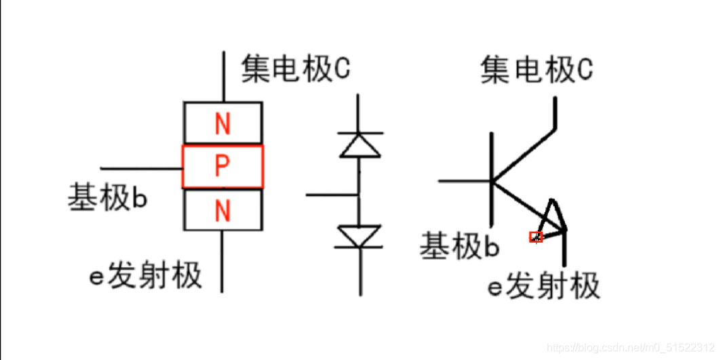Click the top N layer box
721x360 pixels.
click(x=222, y=123)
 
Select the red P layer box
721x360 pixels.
click(x=222, y=167)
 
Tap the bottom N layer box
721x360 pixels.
click(x=222, y=210)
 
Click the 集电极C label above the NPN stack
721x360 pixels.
click(x=296, y=69)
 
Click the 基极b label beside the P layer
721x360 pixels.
click(x=107, y=198)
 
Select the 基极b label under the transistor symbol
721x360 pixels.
click(x=460, y=246)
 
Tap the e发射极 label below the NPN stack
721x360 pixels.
click(x=146, y=276)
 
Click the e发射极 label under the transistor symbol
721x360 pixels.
click(x=544, y=286)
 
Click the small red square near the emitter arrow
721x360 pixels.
click(x=536, y=237)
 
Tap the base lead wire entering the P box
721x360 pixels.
click(x=141, y=167)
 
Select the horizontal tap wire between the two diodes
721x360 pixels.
click(x=332, y=195)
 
